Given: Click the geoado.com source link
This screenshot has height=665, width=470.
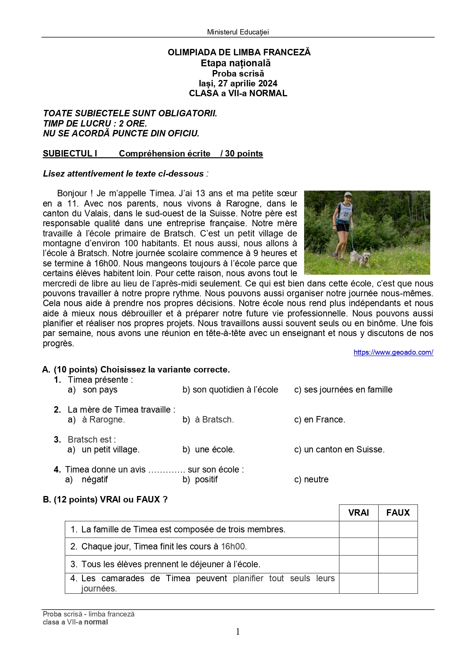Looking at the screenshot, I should tap(393, 352).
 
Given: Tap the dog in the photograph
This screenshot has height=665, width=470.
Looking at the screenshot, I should tap(361, 258).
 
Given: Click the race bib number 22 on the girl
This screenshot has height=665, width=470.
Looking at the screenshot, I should tap(346, 214).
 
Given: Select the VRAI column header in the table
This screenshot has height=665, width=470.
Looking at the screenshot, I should tap(358, 513).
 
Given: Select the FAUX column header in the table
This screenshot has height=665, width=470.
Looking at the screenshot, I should tap(398, 513).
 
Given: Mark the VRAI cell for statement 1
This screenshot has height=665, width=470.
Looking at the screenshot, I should tap(358, 529).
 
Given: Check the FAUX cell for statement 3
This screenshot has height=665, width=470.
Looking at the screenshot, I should tap(398, 564).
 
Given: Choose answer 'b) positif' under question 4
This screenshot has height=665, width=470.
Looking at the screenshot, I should tap(200, 479).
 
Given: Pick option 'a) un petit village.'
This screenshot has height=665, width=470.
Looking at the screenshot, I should tap(104, 449).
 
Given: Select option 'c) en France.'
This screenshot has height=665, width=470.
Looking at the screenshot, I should tap(320, 419).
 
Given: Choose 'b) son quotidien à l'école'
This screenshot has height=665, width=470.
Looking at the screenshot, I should tap(230, 390).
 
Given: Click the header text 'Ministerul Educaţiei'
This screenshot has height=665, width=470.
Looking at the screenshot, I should tap(238, 32).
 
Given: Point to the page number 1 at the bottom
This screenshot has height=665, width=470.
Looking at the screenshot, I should tap(238, 632).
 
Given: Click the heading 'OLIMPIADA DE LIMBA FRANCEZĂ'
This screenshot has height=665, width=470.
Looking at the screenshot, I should tap(239, 52).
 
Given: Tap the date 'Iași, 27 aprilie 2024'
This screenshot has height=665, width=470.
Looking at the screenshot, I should tap(238, 83).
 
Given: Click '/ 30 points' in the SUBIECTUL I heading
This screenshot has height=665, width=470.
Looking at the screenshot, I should tap(242, 153).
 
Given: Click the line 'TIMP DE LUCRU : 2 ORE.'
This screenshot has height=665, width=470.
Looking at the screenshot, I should tap(95, 124).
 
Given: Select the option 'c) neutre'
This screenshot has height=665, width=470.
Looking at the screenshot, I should tap(311, 479).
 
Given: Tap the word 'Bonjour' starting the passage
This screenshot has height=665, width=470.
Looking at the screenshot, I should tap(72, 194).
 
